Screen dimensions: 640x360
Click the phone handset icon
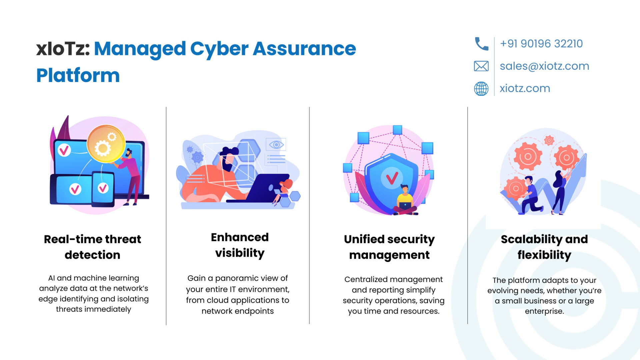481,44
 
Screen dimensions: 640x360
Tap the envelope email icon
481,66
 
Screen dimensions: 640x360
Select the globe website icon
481,89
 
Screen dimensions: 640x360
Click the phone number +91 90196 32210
541,44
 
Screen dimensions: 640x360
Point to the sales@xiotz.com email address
544,66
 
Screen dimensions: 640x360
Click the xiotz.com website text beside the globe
525,88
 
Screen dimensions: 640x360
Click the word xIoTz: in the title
63,49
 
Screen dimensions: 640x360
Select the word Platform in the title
78,75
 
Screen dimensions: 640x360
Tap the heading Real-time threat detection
93,247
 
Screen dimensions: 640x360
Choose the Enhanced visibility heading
240,245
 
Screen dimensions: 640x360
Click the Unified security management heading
389,247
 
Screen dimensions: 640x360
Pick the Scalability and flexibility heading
544,247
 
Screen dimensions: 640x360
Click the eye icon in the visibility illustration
276,145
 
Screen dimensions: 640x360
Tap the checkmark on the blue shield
392,178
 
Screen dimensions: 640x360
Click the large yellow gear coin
106,144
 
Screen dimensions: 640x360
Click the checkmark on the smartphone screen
103,188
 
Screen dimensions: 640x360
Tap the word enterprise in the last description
544,312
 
